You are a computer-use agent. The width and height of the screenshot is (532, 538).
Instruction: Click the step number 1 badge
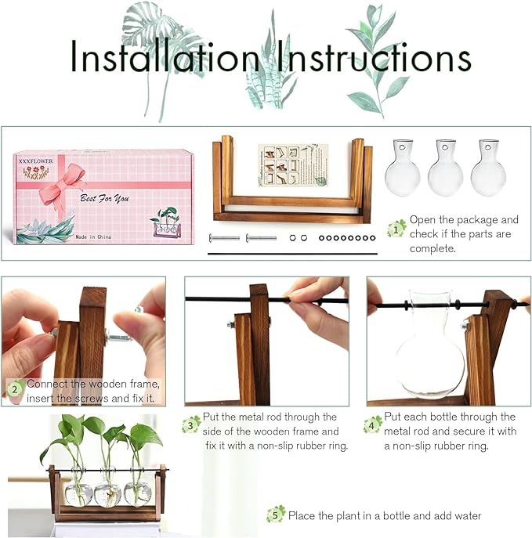[397, 228]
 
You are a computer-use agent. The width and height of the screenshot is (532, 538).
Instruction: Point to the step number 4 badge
[372, 424]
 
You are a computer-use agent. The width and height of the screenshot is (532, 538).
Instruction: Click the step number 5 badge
[275, 515]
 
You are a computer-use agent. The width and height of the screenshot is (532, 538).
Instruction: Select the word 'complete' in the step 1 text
[432, 248]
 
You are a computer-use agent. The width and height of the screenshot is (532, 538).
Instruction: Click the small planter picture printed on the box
[166, 221]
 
